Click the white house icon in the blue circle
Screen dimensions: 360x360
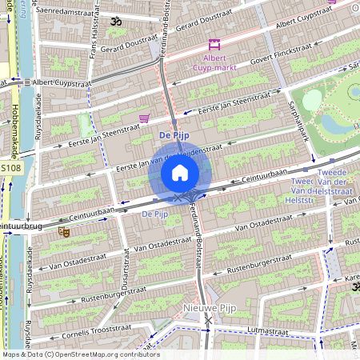pos(180,172)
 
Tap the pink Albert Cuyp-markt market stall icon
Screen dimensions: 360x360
pos(214,45)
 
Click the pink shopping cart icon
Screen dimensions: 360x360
pos(144,118)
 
